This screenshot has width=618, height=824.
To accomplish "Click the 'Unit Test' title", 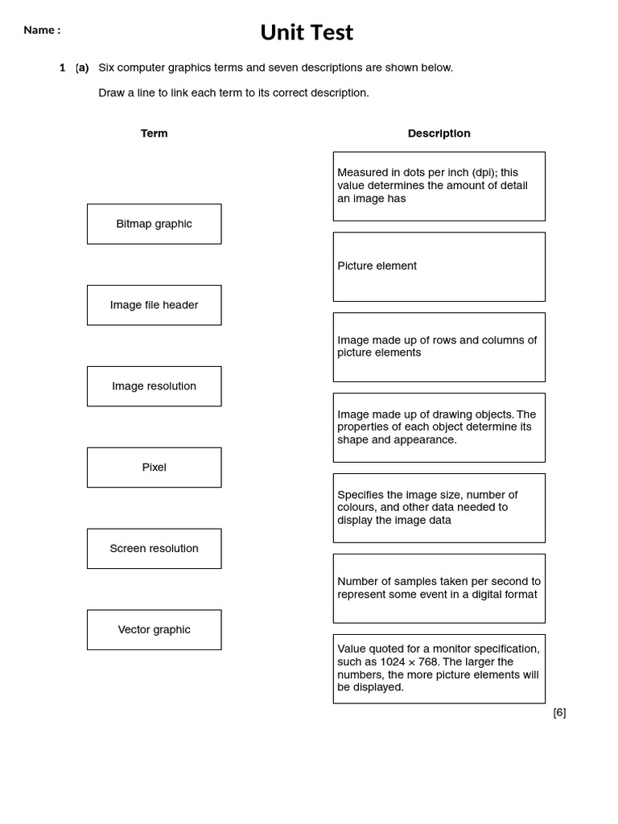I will pyautogui.click(x=307, y=32).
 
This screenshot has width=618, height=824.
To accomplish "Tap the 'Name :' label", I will pyautogui.click(x=42, y=31).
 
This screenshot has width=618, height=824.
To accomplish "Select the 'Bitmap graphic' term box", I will pyautogui.click(x=154, y=224).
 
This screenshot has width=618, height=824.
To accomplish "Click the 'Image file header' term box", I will pyautogui.click(x=154, y=305).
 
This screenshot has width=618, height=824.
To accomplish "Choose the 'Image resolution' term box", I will pyautogui.click(x=154, y=386).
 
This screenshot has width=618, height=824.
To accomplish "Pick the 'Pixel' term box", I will pyautogui.click(x=154, y=468).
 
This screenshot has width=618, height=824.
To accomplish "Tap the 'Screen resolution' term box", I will pyautogui.click(x=154, y=549).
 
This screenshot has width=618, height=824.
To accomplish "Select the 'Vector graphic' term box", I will pyautogui.click(x=154, y=629).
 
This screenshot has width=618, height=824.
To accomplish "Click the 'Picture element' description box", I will pyautogui.click(x=439, y=266).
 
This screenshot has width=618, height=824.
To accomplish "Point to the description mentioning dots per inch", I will pyautogui.click(x=439, y=186).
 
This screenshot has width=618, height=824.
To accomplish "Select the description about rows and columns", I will pyautogui.click(x=439, y=347).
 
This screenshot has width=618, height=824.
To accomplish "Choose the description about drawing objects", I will pyautogui.click(x=439, y=427).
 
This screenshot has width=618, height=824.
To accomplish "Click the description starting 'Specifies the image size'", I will pyautogui.click(x=439, y=508).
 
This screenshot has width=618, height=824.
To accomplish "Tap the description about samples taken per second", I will pyautogui.click(x=439, y=588).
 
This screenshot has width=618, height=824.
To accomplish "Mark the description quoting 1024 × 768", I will pyautogui.click(x=439, y=669).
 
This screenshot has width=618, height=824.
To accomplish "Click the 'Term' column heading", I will pyautogui.click(x=154, y=134).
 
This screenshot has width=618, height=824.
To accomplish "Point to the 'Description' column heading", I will pyautogui.click(x=439, y=134).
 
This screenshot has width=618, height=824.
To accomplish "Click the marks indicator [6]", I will pyautogui.click(x=559, y=712).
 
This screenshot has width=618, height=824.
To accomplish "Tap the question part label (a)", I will pyautogui.click(x=82, y=68).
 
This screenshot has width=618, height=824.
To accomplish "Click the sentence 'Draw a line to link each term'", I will pyautogui.click(x=233, y=93).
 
